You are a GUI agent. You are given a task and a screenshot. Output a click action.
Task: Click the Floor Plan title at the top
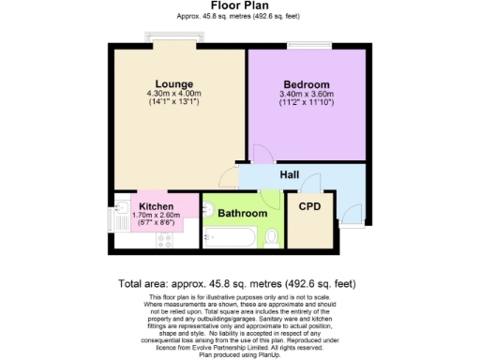[x=240, y=6]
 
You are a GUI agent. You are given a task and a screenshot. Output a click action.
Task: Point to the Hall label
[x=290, y=174]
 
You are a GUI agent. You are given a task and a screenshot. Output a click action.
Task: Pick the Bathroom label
[x=242, y=214]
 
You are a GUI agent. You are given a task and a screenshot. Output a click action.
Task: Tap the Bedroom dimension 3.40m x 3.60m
[x=306, y=94]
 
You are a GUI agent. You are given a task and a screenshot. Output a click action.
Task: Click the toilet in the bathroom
[x=271, y=235]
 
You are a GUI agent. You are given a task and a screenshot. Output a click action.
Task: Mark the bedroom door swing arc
[x=262, y=154]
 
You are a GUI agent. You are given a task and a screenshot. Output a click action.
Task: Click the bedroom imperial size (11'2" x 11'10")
[x=306, y=103]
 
